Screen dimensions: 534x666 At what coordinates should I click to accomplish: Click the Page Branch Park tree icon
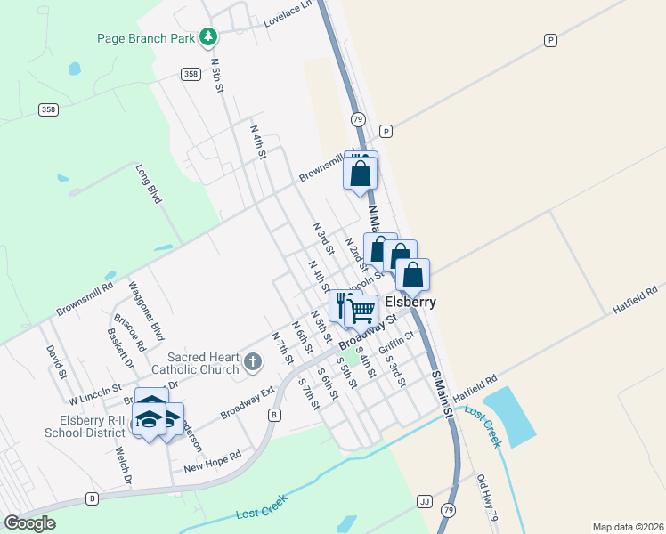(208, 37)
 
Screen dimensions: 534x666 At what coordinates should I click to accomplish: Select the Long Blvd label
(148, 183)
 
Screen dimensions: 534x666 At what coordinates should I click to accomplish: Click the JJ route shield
(424, 501)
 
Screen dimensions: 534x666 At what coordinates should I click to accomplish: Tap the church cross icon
(253, 361)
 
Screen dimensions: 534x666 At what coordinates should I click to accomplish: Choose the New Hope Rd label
(212, 461)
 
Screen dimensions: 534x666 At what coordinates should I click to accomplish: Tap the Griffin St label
(397, 343)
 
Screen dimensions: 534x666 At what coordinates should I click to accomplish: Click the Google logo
(29, 522)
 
